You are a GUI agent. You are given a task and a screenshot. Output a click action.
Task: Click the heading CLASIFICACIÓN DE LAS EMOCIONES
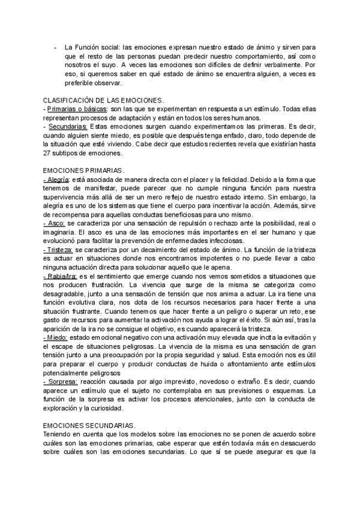[x=104, y=100]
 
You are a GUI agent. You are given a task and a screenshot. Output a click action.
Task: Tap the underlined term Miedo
[x=56, y=338]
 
